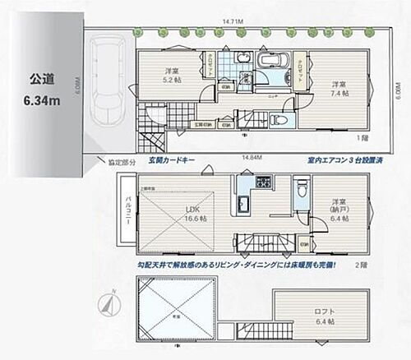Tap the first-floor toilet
[276, 118]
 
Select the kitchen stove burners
[265, 182]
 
